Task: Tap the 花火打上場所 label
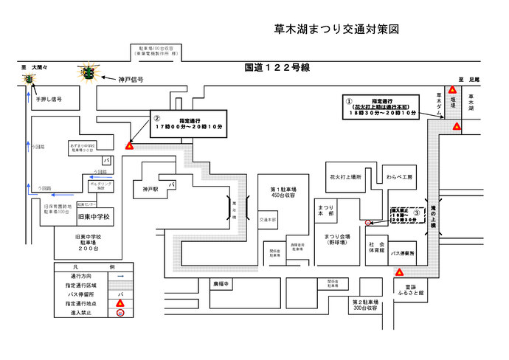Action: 344,177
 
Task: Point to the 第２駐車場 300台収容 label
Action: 366,305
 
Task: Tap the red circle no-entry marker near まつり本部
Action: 368,222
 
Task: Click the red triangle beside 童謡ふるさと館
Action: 399,272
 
